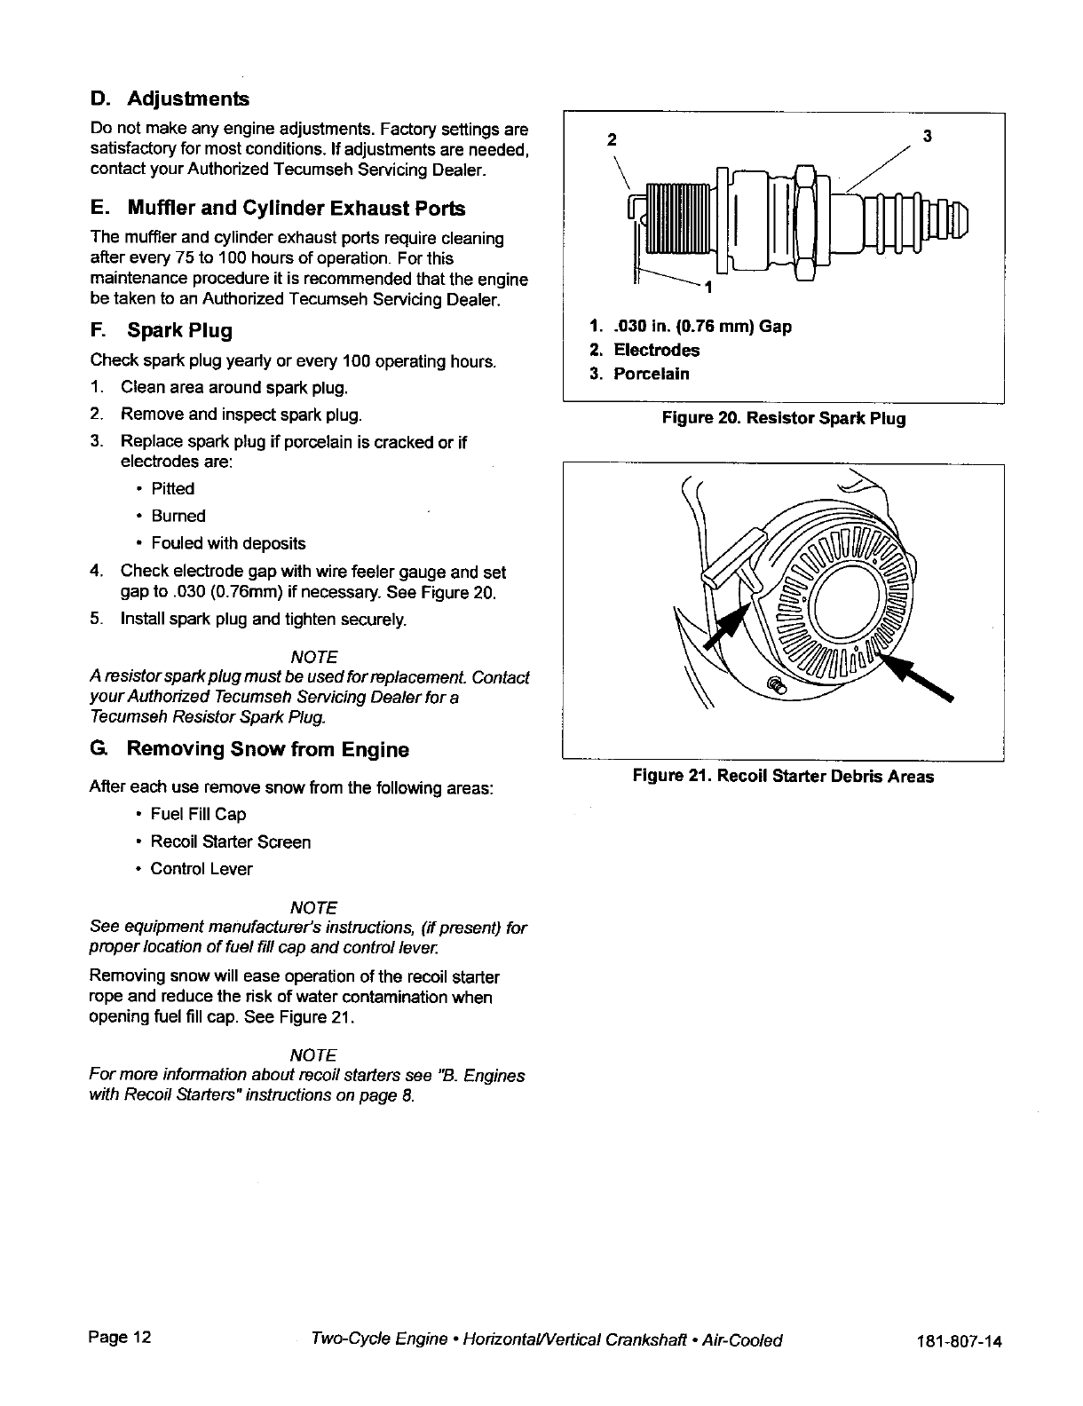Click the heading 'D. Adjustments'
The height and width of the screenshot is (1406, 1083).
(170, 98)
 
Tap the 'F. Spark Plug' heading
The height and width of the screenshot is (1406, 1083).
(162, 331)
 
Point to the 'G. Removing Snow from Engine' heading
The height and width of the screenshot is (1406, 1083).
(249, 749)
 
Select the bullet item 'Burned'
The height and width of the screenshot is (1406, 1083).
(178, 517)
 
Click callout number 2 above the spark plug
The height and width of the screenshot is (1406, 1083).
(609, 138)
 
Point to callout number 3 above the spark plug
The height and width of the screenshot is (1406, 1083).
(927, 136)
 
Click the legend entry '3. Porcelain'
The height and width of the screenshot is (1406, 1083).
(639, 374)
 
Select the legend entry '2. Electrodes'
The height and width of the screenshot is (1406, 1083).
(644, 351)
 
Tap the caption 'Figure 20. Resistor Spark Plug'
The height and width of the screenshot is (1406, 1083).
(783, 418)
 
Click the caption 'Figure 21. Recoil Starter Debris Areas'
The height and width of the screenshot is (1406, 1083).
(783, 777)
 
